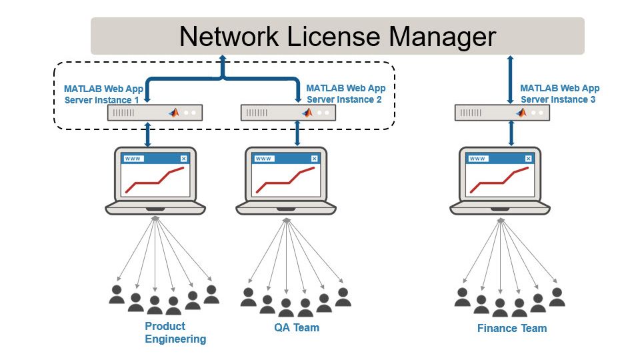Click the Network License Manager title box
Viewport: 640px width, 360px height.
[337, 36]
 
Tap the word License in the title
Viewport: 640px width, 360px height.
[347, 36]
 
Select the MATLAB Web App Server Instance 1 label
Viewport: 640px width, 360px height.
[103, 94]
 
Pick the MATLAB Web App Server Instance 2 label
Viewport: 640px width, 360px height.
[345, 93]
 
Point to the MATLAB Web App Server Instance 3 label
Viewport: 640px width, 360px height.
[559, 93]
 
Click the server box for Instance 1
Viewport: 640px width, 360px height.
[155, 113]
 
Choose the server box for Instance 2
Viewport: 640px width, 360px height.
[288, 113]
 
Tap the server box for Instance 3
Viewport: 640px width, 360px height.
[502, 113]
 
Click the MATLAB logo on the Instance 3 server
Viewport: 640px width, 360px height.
[520, 113]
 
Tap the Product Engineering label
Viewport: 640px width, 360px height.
[175, 333]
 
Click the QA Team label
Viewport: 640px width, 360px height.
[297, 327]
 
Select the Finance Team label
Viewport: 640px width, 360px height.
[512, 328]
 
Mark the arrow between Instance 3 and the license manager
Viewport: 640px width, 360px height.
[511, 79]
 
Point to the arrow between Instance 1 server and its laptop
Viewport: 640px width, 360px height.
[148, 134]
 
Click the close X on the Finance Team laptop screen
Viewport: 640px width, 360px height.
[529, 159]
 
